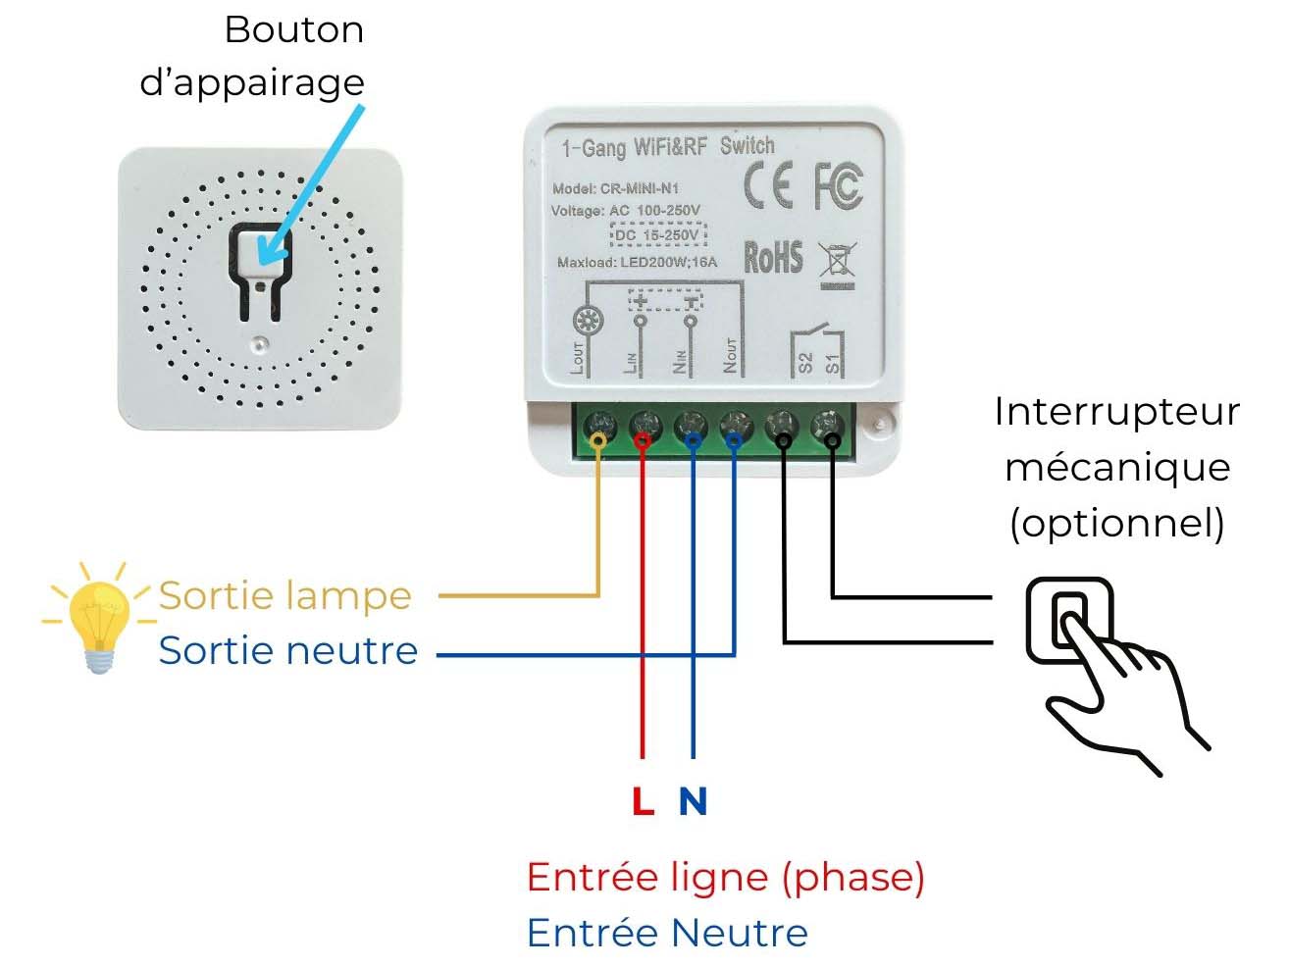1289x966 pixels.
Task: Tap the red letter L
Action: (x=644, y=800)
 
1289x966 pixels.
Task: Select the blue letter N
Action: (x=693, y=800)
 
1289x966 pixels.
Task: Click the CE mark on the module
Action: (x=767, y=185)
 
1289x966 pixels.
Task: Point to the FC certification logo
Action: (x=839, y=186)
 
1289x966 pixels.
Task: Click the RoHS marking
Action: (x=773, y=257)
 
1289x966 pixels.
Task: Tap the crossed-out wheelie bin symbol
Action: (x=837, y=265)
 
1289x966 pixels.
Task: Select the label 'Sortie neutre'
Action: (x=287, y=651)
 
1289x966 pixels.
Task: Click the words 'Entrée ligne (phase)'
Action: (x=726, y=878)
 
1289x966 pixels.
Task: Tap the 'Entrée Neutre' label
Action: (x=667, y=933)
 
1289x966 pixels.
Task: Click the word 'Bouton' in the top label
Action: (x=294, y=29)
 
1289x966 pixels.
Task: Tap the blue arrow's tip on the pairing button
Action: (x=261, y=262)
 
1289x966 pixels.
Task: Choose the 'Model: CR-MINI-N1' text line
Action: (x=615, y=188)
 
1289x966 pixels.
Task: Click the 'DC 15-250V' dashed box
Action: (x=658, y=234)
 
